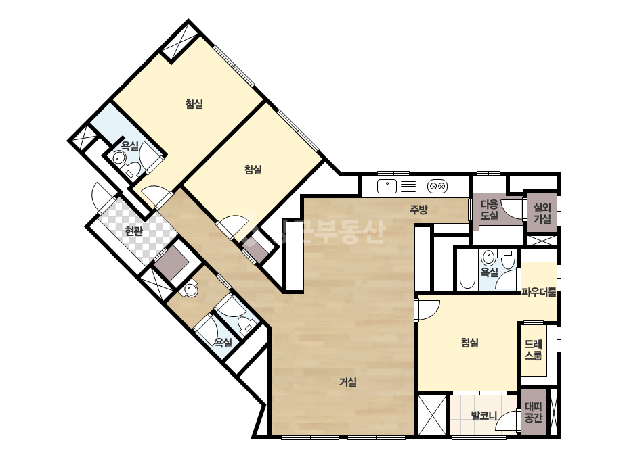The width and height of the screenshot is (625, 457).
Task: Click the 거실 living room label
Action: [347, 382]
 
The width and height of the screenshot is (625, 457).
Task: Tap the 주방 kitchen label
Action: [419, 210]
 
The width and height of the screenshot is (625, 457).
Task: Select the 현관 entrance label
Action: [133, 231]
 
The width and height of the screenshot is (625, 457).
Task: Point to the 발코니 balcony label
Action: [484, 416]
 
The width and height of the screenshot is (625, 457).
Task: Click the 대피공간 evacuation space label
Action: [533, 412]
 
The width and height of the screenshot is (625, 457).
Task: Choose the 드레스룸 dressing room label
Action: [533, 350]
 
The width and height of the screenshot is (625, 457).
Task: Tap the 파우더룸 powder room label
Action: [539, 293]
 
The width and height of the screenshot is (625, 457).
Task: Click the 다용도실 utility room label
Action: [489, 210]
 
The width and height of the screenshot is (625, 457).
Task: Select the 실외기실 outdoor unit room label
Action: [542, 213]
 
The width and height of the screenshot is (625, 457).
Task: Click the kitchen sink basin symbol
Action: [387, 186]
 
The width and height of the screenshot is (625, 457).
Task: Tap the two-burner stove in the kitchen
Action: [437, 186]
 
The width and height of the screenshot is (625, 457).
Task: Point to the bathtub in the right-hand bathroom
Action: [467, 270]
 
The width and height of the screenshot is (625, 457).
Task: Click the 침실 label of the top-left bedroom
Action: [194, 104]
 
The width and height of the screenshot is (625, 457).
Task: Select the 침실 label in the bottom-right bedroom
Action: [469, 342]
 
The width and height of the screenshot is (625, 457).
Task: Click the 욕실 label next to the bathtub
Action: [489, 272]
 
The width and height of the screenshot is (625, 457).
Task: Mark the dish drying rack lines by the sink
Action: [408, 187]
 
